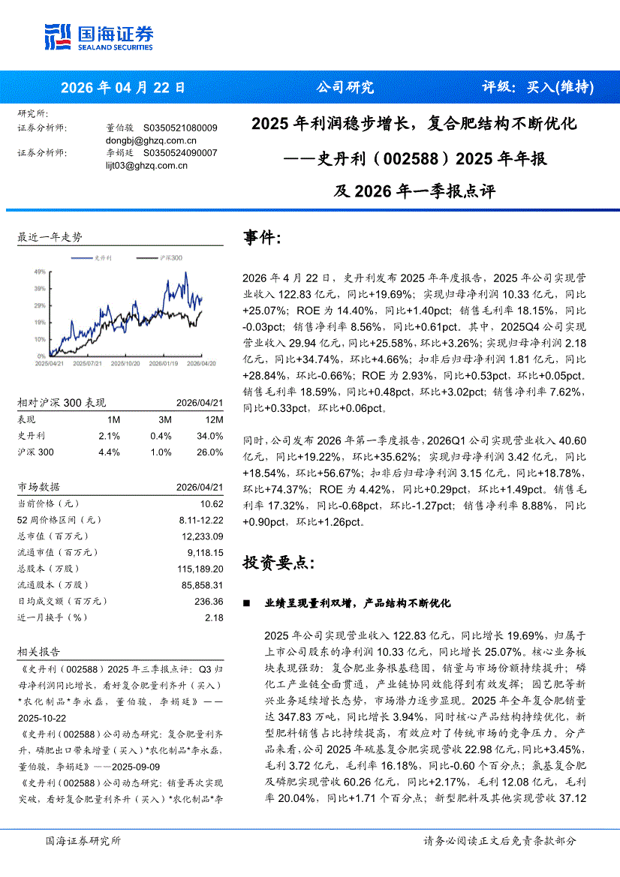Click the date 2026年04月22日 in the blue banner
(122, 87)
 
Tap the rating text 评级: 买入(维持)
(537, 87)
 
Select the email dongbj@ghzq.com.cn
(151, 140)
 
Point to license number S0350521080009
(180, 128)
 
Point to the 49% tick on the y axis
(39, 272)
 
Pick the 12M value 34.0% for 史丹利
(209, 436)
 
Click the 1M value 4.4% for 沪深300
(110, 452)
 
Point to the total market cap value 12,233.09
(202, 536)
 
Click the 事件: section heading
(263, 238)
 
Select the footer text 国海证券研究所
(83, 841)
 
